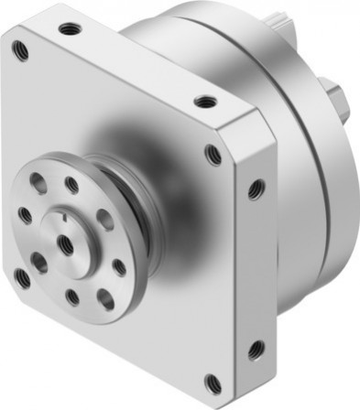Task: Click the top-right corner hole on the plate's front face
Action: (213, 154)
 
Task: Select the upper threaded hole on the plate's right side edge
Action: (256, 190)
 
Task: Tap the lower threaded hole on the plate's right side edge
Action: (256, 349)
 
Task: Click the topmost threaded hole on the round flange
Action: (71, 186)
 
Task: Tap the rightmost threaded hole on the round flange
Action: (119, 266)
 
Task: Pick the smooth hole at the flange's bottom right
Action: (105, 299)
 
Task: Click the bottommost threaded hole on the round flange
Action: (71, 297)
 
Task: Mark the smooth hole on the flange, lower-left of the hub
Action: (38, 262)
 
